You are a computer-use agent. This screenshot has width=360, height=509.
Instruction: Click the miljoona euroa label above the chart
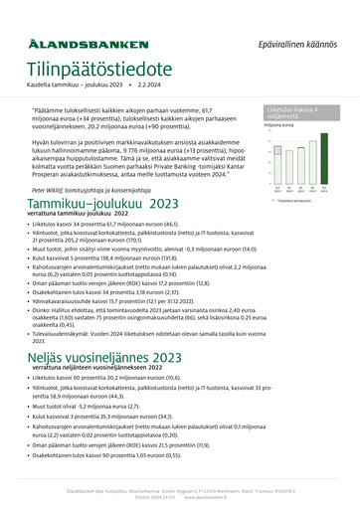point(279,125)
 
